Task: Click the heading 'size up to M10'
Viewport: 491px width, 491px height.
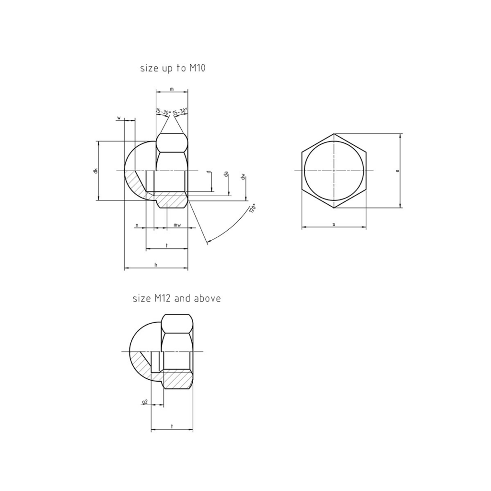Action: tap(173, 68)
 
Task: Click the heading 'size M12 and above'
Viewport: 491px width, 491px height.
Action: tap(176, 298)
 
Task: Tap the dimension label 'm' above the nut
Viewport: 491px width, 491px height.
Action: tap(172, 89)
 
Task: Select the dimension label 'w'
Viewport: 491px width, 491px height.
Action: tap(119, 118)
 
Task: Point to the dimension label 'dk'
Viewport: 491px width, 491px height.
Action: tap(96, 171)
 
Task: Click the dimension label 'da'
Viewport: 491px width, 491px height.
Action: tap(226, 175)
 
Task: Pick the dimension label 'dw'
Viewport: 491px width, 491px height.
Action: tap(243, 177)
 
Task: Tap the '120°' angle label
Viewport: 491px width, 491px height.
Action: tap(252, 208)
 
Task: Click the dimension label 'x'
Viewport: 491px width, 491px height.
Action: tap(137, 225)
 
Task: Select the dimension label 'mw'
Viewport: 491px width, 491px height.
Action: tap(177, 225)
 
